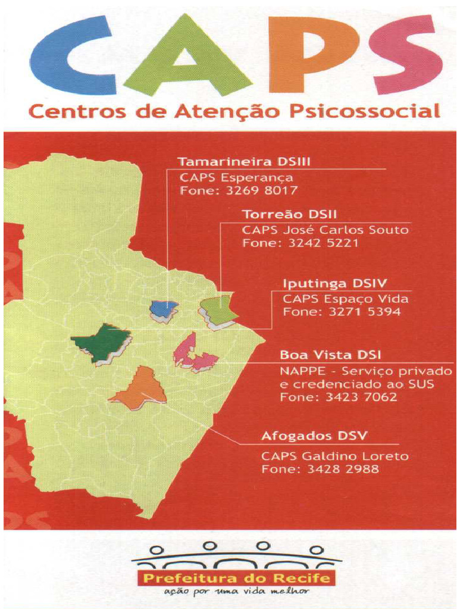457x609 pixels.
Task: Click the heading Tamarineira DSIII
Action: pyautogui.click(x=245, y=161)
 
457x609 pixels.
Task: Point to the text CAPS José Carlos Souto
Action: pyautogui.click(x=325, y=230)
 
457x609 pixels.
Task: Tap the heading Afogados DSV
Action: pyautogui.click(x=314, y=436)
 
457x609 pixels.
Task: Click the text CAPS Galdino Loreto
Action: pyautogui.click(x=335, y=456)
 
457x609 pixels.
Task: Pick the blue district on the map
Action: pyautogui.click(x=164, y=308)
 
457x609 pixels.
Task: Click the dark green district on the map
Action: pyautogui.click(x=102, y=341)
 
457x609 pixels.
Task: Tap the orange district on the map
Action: pyautogui.click(x=141, y=387)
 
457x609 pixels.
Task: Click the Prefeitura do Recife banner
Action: pyautogui.click(x=236, y=578)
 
